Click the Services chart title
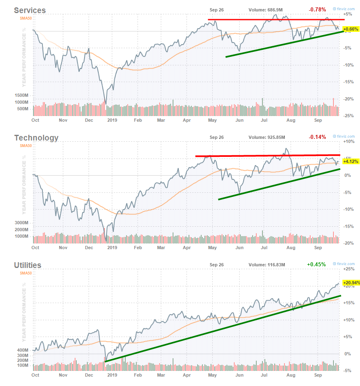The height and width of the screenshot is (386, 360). pos(30,10)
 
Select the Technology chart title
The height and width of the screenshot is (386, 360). pos(36,138)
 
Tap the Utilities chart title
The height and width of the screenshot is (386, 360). pos(28,265)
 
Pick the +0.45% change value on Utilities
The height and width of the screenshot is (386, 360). pos(316,264)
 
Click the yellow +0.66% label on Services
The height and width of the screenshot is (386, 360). pos(351,29)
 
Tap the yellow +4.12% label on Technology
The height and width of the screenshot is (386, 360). pos(351,161)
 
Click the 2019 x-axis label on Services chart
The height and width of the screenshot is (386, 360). pos(112,120)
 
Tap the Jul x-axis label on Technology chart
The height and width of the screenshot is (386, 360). pos(264,248)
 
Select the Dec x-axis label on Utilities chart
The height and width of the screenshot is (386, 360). pos(89,375)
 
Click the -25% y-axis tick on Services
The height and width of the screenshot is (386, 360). pos(348,116)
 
